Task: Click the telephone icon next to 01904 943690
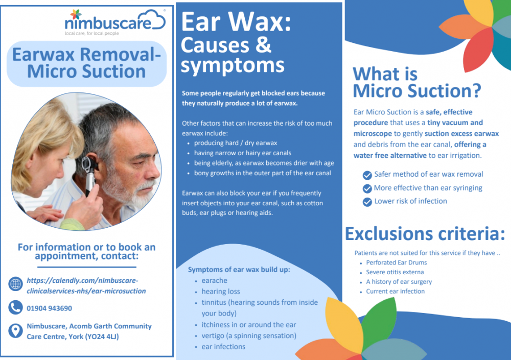pos(16,308)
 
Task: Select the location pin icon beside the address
pos(16,331)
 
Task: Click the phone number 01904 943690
pos(50,308)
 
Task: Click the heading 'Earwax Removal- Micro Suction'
pos(86,63)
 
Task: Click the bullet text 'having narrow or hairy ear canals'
pos(242,153)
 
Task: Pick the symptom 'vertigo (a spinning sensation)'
pos(249,335)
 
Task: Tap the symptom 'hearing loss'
pos(221,292)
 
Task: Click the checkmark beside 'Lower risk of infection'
pos(367,202)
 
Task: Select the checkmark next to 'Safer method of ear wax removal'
pos(367,175)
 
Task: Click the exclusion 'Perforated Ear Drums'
pos(396,262)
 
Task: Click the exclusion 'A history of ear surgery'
pos(399,282)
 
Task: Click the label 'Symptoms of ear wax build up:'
pos(239,270)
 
